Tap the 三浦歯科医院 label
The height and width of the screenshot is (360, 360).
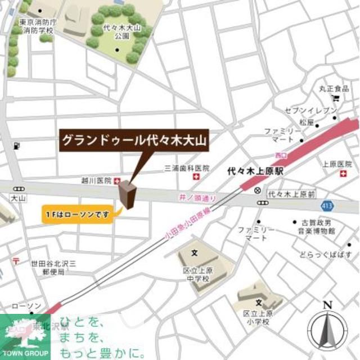[186, 168]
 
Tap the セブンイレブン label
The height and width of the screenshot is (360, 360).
[318, 110]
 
